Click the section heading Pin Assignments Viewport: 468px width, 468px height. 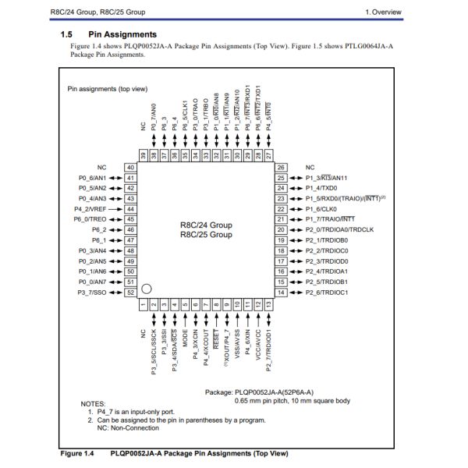pos(122,34)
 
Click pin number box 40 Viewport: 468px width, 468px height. pos(130,168)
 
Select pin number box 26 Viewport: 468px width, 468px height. pos(281,168)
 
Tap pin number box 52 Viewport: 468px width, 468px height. pos(130,292)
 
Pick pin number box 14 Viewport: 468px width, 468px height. pos(281,292)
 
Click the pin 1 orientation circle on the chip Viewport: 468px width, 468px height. pos(145,290)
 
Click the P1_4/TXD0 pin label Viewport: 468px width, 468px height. pos(322,188)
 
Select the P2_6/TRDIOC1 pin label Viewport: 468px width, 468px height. pos(327,292)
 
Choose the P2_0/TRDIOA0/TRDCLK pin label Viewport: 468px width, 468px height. pos(339,229)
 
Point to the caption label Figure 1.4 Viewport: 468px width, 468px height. pos(77,453)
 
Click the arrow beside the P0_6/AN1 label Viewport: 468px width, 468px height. pos(118,178)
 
